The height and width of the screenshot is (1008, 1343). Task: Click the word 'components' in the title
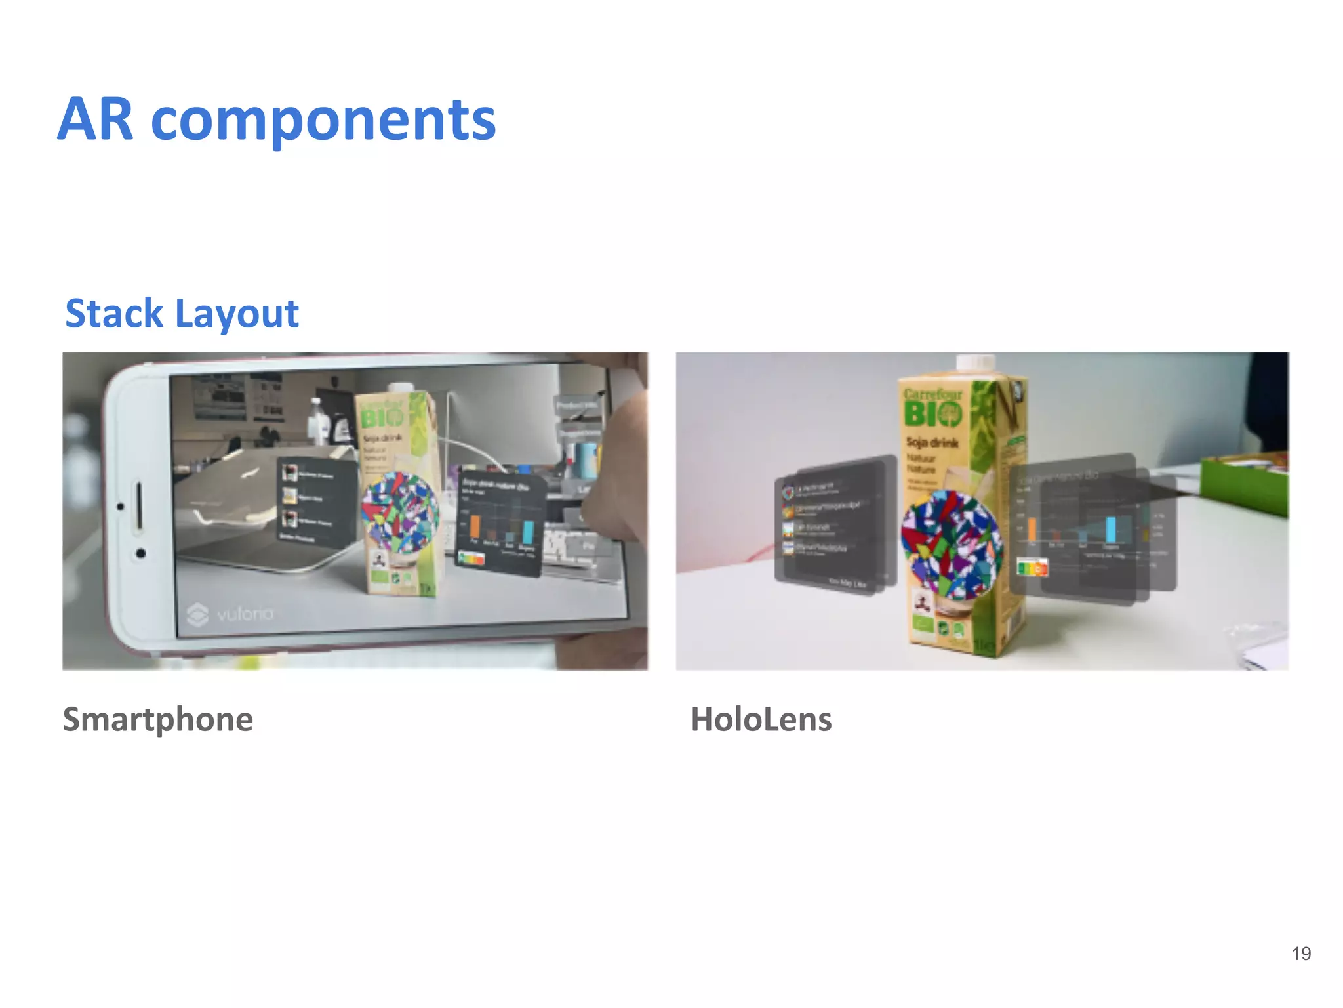point(323,121)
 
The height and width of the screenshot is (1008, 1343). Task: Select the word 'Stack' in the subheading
point(114,313)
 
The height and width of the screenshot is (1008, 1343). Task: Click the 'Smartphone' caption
point(157,719)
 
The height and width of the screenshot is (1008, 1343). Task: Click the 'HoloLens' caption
point(761,719)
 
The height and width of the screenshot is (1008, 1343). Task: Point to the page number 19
point(1301,954)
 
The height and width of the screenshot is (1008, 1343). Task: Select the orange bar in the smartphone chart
point(475,526)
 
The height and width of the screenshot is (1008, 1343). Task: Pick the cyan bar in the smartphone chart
point(527,532)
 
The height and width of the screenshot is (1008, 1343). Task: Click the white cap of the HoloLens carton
point(975,363)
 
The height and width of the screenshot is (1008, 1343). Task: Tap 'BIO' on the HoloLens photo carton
point(932,414)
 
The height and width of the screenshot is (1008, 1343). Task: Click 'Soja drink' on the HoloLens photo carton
point(932,442)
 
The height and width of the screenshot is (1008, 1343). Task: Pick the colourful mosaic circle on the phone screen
point(399,511)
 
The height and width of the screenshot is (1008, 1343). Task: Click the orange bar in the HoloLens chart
point(1032,529)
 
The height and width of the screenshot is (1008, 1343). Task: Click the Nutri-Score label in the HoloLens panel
point(1032,566)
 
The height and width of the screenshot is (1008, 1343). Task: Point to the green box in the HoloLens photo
point(1243,486)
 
